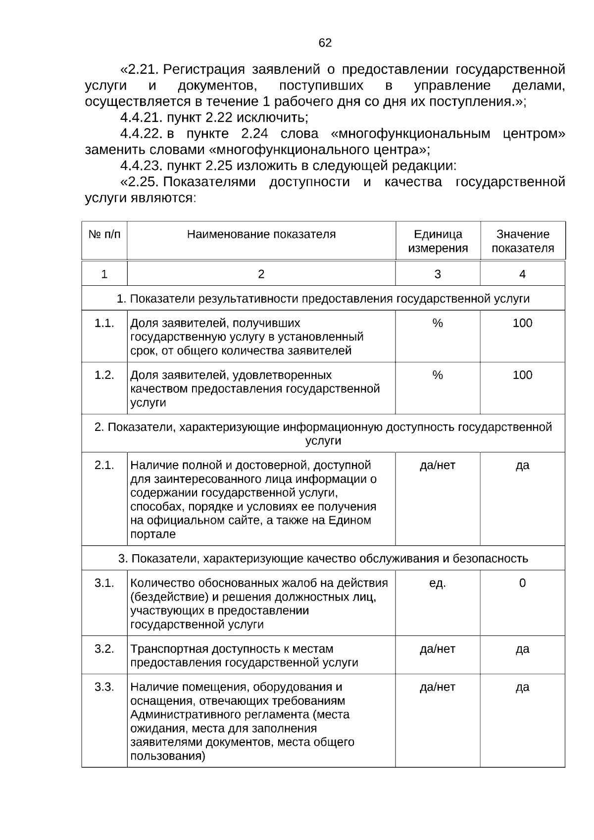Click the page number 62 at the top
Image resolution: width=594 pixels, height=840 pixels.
coord(325,43)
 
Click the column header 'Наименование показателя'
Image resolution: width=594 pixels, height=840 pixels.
coord(261,234)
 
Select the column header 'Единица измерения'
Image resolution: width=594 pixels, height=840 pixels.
coord(438,241)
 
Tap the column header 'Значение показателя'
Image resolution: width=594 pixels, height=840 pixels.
coord(523,241)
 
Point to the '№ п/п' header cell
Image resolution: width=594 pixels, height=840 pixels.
coord(104,234)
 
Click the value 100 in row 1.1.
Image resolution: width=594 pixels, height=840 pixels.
coord(522,323)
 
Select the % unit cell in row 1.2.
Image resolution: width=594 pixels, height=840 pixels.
coord(438,375)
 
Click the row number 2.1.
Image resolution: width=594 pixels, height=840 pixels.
coord(104,466)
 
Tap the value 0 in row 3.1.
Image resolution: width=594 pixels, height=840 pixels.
coord(522,583)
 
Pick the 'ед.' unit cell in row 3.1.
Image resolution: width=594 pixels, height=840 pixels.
coord(438,583)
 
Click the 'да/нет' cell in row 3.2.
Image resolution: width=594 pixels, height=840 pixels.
coord(438,649)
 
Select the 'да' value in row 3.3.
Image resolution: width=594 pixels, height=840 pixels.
coord(522,687)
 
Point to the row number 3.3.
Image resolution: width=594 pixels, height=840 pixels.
coord(104,687)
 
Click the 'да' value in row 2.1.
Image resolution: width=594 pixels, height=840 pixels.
coord(522,466)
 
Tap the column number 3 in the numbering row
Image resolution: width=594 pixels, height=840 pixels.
coord(438,274)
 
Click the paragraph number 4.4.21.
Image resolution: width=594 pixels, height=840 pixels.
coord(141,118)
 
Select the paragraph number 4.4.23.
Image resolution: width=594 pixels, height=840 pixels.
coord(141,165)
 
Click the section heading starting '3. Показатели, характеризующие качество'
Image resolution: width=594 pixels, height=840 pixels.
coord(323,559)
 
